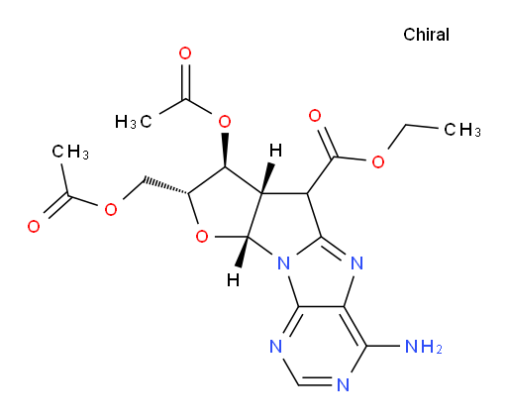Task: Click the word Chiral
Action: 426,35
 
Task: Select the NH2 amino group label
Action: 424,347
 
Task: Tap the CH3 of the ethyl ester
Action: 462,130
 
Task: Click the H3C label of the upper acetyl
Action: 134,122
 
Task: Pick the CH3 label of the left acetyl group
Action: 70,152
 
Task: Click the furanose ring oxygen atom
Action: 202,237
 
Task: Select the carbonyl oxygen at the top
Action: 185,53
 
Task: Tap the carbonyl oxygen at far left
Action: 34,227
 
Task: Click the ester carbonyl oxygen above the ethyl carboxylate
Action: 315,116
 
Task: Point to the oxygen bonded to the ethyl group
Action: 378,161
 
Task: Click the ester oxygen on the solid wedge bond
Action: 225,122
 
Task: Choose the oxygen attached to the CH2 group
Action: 111,209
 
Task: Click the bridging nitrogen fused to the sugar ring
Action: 283,263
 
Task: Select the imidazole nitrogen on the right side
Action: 356,263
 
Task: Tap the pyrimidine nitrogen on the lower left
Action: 276,347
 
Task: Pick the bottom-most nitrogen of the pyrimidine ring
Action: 344,385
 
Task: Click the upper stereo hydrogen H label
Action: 275,151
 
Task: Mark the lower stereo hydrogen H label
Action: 233,280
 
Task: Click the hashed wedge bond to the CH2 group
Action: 165,186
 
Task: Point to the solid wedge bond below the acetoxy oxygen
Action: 225,151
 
